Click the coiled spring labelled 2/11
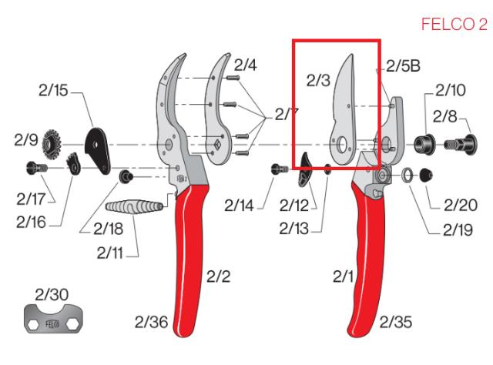pyautogui.click(x=132, y=208)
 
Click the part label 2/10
pyautogui.click(x=450, y=91)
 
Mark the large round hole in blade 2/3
pyautogui.click(x=339, y=144)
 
